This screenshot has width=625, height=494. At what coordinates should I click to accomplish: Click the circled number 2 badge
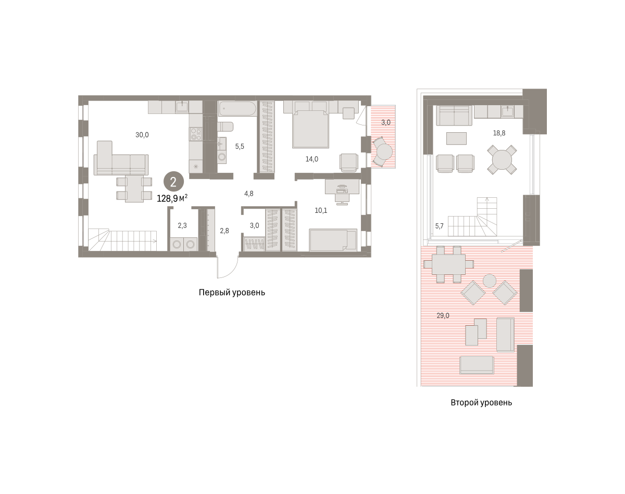(173, 182)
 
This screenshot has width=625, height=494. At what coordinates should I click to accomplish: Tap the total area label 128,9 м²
(172, 198)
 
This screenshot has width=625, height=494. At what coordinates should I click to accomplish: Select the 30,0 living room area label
(142, 135)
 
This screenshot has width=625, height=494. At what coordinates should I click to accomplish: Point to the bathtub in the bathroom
(238, 109)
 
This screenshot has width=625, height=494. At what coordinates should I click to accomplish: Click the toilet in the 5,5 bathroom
(225, 127)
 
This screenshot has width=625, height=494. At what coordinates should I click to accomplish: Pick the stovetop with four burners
(195, 134)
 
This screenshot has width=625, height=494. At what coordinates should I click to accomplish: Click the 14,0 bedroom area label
(311, 159)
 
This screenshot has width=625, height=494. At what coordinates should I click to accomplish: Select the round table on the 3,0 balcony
(384, 151)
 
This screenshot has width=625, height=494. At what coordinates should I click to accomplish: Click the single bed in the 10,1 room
(333, 240)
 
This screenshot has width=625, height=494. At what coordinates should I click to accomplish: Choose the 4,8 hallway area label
(248, 194)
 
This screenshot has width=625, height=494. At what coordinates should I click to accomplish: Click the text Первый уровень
(232, 292)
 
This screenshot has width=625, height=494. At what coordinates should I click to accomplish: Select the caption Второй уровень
(481, 402)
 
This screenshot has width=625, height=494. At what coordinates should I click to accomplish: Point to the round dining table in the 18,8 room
(502, 160)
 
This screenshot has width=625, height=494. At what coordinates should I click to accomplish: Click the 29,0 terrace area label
(443, 315)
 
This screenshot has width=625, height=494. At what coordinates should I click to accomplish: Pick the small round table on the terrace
(490, 281)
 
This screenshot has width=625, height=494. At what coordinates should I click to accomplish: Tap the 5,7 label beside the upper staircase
(440, 226)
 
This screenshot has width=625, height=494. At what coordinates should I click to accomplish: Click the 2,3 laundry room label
(182, 225)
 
